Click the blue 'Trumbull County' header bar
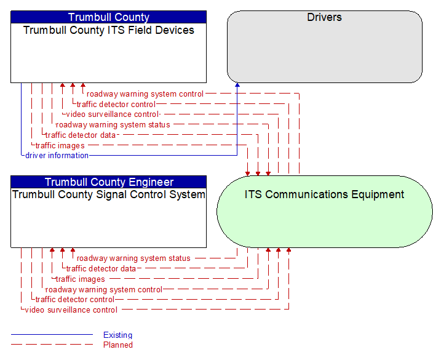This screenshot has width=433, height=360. point(108,17)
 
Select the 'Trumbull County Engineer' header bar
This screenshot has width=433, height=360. point(108,182)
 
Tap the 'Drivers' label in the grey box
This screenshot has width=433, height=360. point(325,17)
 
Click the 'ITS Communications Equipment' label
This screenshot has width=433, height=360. point(324,194)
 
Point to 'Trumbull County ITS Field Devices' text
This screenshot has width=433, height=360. point(108,30)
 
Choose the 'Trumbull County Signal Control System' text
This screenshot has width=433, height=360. point(108,194)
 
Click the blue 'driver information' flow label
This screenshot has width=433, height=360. point(57,156)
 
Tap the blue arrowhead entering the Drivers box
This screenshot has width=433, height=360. point(237,85)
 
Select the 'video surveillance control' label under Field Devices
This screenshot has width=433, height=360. point(113,114)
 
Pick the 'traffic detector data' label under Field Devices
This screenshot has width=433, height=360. point(81,135)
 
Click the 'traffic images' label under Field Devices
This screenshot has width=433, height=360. point(60,146)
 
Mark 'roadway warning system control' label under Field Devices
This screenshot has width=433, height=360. point(145,94)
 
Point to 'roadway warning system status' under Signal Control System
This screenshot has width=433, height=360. point(133,258)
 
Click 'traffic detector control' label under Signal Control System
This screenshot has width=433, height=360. point(75,300)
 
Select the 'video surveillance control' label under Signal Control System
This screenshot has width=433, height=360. point(71,310)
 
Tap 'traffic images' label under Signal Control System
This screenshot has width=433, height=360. point(81,279)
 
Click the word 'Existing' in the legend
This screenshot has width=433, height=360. point(117,335)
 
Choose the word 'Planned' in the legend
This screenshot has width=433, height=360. point(118,345)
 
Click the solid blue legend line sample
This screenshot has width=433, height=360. point(52,335)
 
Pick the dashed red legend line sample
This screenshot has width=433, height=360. point(52,344)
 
